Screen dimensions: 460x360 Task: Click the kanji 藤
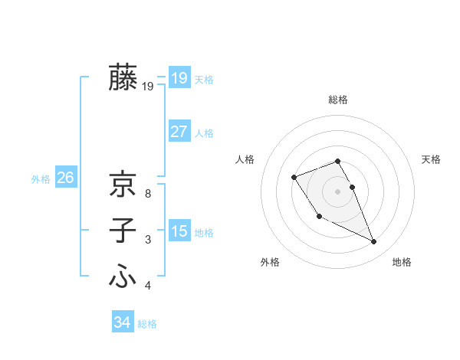tap(123, 77)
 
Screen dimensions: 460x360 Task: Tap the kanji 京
tap(123, 185)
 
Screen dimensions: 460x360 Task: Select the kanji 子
tap(123, 231)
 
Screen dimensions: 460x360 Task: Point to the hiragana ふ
tap(123, 277)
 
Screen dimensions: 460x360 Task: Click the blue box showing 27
tap(179, 131)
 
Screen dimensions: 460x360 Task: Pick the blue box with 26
tap(65, 178)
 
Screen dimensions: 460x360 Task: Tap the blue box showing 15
tap(179, 231)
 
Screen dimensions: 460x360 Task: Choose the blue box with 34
tap(122, 322)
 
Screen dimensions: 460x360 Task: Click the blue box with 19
tap(179, 77)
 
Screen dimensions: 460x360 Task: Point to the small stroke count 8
tap(147, 194)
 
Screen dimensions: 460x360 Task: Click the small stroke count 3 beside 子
tap(147, 240)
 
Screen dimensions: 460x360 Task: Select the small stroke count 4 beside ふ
tap(147, 286)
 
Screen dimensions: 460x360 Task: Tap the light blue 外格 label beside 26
tap(41, 179)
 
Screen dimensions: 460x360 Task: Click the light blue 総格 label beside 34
tap(147, 324)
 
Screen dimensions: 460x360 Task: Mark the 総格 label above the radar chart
tap(337, 100)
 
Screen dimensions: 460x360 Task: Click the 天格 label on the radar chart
tap(431, 159)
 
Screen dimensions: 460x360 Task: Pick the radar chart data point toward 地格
tap(374, 242)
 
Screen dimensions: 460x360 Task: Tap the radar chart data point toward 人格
tap(294, 178)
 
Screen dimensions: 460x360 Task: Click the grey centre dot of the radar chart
tap(337, 191)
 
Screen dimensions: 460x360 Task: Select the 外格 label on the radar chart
tap(270, 262)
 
